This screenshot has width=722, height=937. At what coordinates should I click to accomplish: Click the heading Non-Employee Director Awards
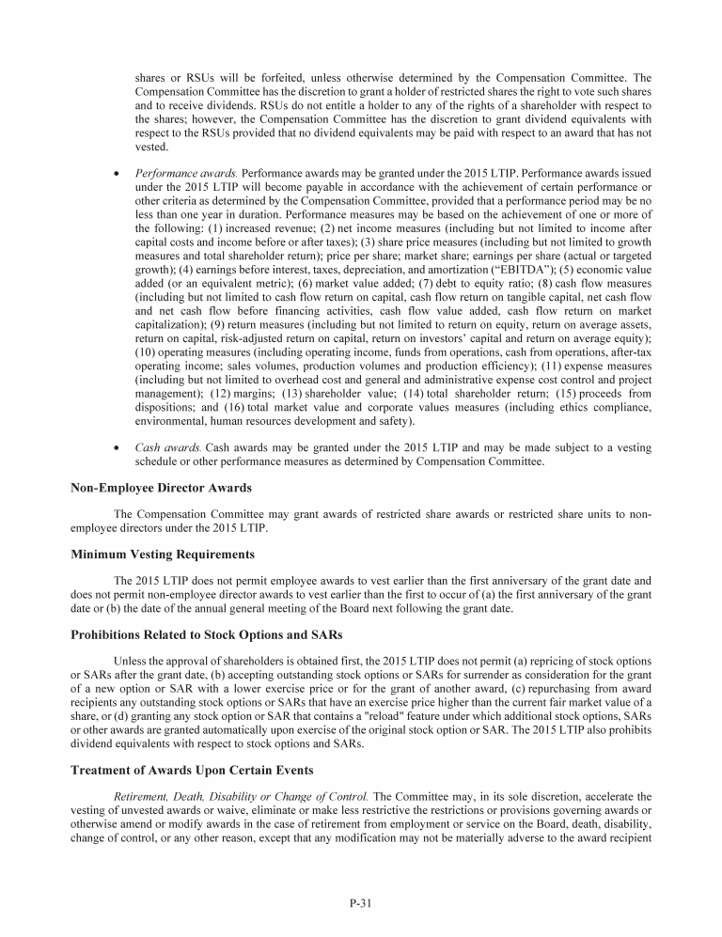click(161, 487)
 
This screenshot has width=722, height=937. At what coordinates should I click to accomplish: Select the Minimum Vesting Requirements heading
click(163, 554)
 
